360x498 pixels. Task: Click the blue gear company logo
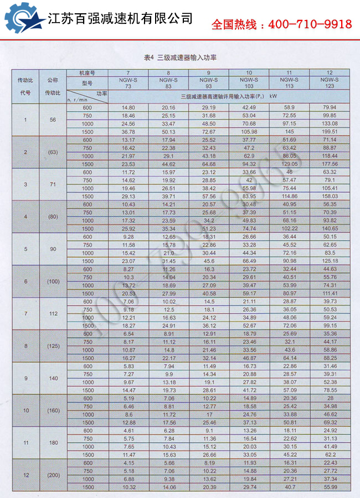click(x=23, y=19)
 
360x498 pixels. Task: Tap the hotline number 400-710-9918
click(x=282, y=24)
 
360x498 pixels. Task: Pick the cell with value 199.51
click(x=330, y=132)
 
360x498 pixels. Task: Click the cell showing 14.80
click(x=128, y=107)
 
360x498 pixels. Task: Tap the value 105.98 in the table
click(x=249, y=132)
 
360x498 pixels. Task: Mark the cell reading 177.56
click(x=330, y=164)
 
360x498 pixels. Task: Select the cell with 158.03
click(x=330, y=196)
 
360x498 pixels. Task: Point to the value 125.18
click(x=330, y=261)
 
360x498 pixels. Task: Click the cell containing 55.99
click(x=330, y=487)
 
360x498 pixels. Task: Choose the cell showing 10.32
click(x=128, y=487)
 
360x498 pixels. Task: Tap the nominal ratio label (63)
click(x=52, y=152)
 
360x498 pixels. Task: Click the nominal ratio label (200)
click(x=52, y=475)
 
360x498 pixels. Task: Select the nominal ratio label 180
click(x=52, y=443)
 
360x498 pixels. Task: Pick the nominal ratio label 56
click(x=52, y=120)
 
